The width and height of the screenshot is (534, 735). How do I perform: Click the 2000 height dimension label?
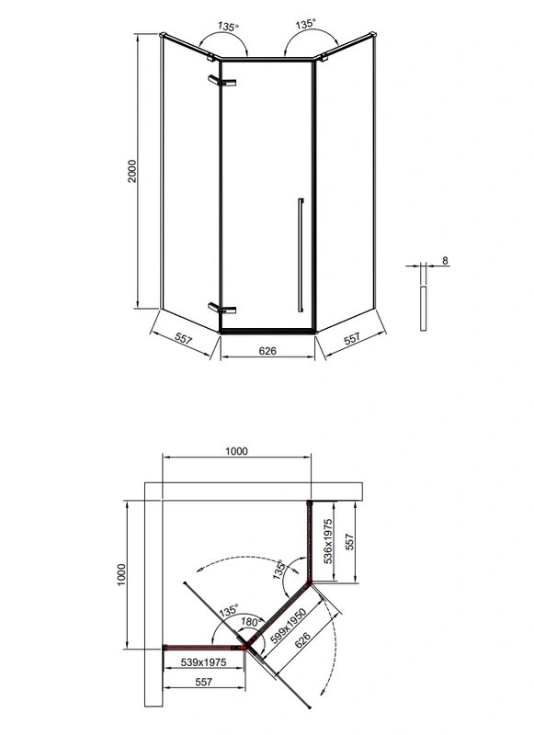click(x=132, y=171)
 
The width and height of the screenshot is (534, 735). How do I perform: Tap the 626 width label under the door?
click(x=267, y=350)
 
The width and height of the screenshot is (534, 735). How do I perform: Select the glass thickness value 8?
click(x=445, y=260)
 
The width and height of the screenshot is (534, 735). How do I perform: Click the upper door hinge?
click(x=222, y=81)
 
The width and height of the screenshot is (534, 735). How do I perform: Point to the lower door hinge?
click(x=222, y=308)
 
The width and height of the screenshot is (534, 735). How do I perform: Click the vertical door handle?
click(x=301, y=255)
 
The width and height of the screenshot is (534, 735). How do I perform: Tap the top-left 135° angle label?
click(x=228, y=27)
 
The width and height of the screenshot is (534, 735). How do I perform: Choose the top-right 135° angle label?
click(x=306, y=24)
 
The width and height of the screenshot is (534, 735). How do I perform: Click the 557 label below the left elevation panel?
click(x=183, y=338)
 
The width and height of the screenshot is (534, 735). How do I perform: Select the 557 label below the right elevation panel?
click(x=352, y=338)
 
